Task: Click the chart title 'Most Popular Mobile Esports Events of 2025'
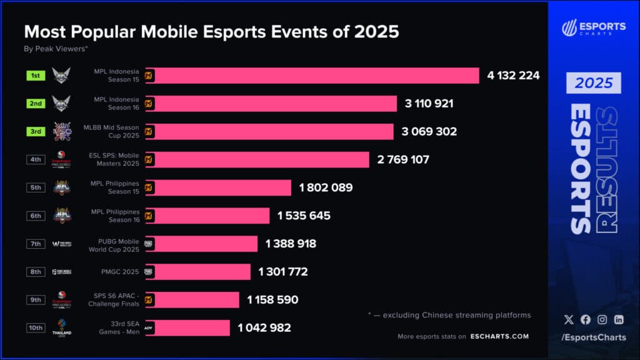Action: click(x=211, y=32)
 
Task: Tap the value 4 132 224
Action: click(x=513, y=76)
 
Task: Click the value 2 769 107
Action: click(x=403, y=159)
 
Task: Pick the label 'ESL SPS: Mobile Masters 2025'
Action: click(x=116, y=159)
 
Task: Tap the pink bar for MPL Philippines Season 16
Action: click(x=207, y=216)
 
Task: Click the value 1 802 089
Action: click(x=326, y=187)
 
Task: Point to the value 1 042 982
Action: click(x=264, y=327)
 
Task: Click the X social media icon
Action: click(x=568, y=319)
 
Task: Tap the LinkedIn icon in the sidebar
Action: click(x=619, y=319)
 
